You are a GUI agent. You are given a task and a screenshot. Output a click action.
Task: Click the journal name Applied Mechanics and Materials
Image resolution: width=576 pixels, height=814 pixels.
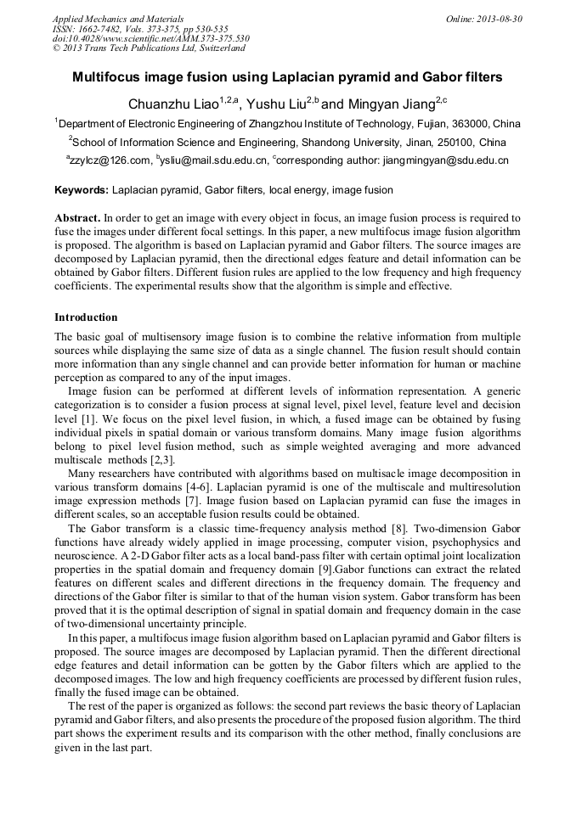point(118,18)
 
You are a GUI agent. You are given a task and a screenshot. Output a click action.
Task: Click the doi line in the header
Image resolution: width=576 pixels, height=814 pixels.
point(150,38)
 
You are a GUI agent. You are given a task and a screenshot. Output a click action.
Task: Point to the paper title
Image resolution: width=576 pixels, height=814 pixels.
point(287,77)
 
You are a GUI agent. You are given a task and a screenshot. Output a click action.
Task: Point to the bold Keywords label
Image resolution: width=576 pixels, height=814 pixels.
point(82,190)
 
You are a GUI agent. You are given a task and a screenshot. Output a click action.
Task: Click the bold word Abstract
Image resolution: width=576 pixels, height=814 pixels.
point(77,218)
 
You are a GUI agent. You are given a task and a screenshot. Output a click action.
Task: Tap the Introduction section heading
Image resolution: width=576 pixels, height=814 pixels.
point(86,317)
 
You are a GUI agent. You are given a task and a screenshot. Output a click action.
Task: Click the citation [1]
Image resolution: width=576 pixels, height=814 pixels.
point(87,418)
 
